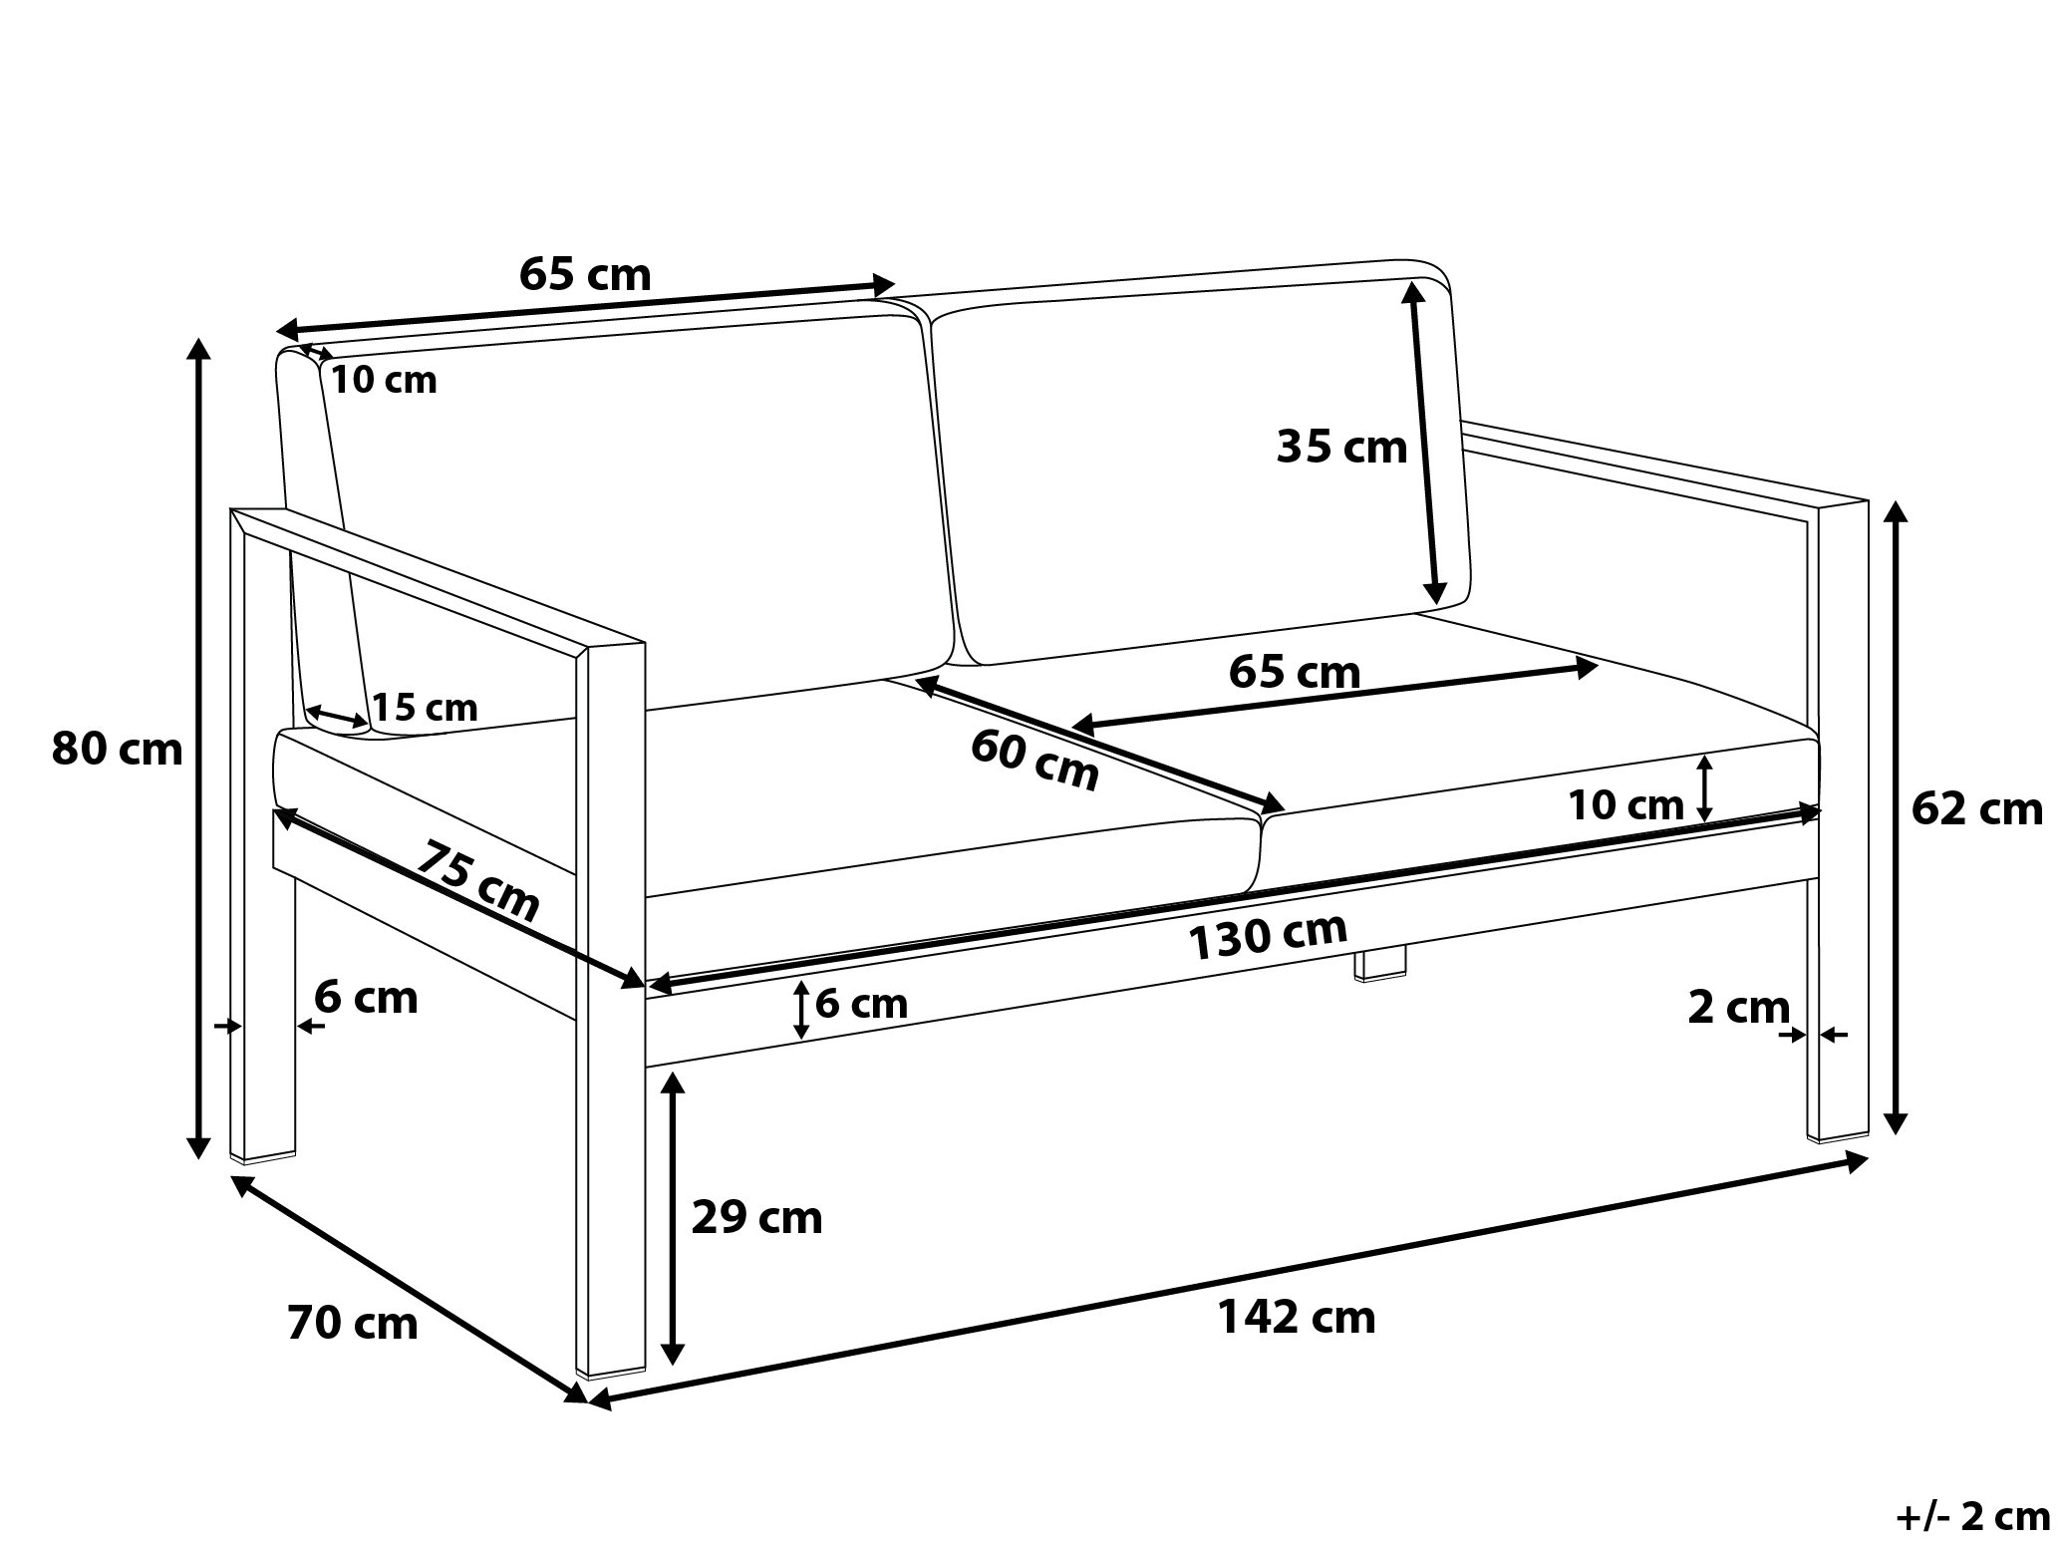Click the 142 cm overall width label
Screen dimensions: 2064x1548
tap(1297, 1318)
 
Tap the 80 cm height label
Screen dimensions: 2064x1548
tap(118, 750)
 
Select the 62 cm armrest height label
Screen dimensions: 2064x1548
tap(1977, 809)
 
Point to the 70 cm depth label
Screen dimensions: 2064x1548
tap(353, 1324)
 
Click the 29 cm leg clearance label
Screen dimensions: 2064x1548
tap(757, 1218)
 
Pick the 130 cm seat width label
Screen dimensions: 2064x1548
tap(1268, 937)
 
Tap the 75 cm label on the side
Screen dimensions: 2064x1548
tap(478, 881)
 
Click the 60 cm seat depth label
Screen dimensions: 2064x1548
tap(1035, 760)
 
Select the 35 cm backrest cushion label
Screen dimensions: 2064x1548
tap(1342, 448)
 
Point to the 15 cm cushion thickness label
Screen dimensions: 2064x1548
tap(426, 708)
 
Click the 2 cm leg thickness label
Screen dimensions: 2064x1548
tap(1738, 1008)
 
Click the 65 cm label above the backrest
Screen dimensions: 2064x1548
tap(585, 274)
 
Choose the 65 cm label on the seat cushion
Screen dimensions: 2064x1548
tap(1295, 673)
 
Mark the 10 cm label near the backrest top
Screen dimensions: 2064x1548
tap(384, 380)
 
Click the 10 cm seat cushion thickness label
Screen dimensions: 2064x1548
tap(1626, 805)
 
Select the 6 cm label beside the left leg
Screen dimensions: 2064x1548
tap(367, 998)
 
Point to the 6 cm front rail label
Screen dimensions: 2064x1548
tap(862, 1004)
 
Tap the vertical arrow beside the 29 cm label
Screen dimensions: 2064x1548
tap(674, 1219)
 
